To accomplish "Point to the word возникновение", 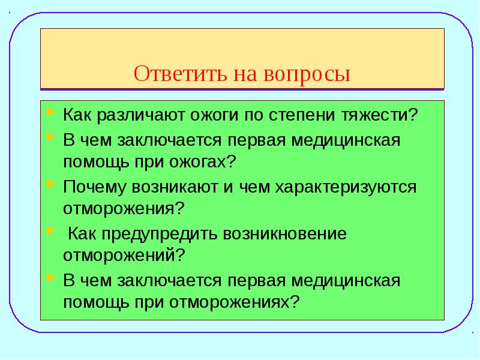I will [285, 234].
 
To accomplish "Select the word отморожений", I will [122, 254].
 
